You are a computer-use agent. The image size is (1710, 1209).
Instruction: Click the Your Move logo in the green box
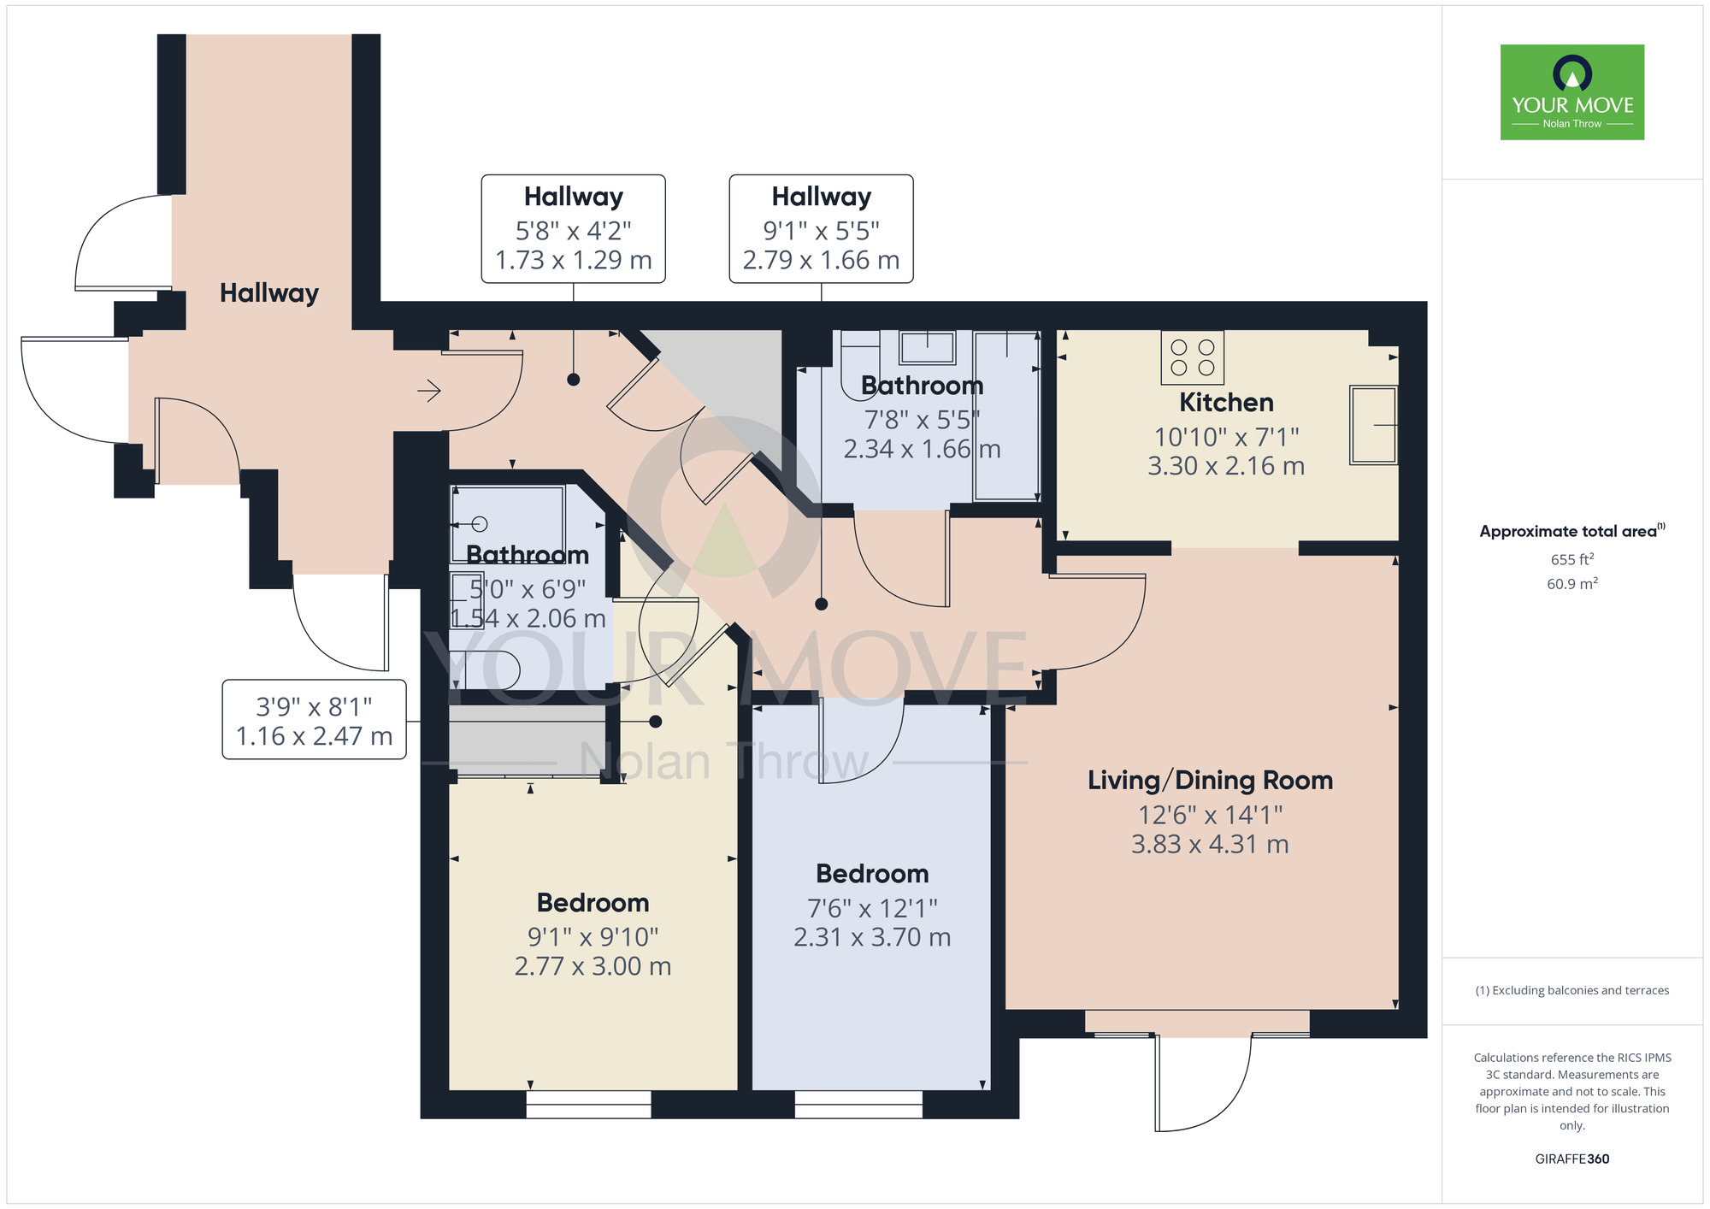[x=1572, y=92]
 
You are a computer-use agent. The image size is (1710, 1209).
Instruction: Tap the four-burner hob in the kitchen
[x=1193, y=357]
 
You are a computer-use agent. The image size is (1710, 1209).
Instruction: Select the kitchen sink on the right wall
[x=1373, y=425]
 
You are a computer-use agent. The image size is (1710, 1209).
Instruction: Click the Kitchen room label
[x=1226, y=402]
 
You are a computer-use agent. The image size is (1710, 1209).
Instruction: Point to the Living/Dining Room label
[x=1210, y=780]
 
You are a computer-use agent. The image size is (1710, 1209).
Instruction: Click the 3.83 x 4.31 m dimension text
[x=1210, y=844]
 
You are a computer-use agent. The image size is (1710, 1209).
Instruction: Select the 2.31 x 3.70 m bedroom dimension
[x=872, y=937]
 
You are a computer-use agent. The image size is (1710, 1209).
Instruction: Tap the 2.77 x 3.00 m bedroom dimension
[x=593, y=966]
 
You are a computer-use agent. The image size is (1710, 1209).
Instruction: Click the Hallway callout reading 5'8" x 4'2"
[x=573, y=229]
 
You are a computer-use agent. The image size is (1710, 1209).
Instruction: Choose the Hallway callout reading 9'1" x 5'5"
[x=821, y=229]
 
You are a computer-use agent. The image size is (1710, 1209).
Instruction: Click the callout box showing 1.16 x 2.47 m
[x=314, y=719]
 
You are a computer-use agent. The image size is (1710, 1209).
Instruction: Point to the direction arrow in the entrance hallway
[x=428, y=391]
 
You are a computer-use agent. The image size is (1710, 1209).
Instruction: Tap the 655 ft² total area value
[x=1572, y=559]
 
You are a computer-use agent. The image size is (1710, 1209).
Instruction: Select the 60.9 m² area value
[x=1572, y=583]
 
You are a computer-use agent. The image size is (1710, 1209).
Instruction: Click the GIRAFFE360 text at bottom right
[x=1572, y=1159]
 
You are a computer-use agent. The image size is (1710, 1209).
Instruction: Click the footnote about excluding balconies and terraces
[x=1572, y=990]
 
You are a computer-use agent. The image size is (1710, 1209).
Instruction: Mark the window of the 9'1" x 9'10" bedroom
[x=588, y=1104]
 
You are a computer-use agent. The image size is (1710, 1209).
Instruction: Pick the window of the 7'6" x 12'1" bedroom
[x=858, y=1104]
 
